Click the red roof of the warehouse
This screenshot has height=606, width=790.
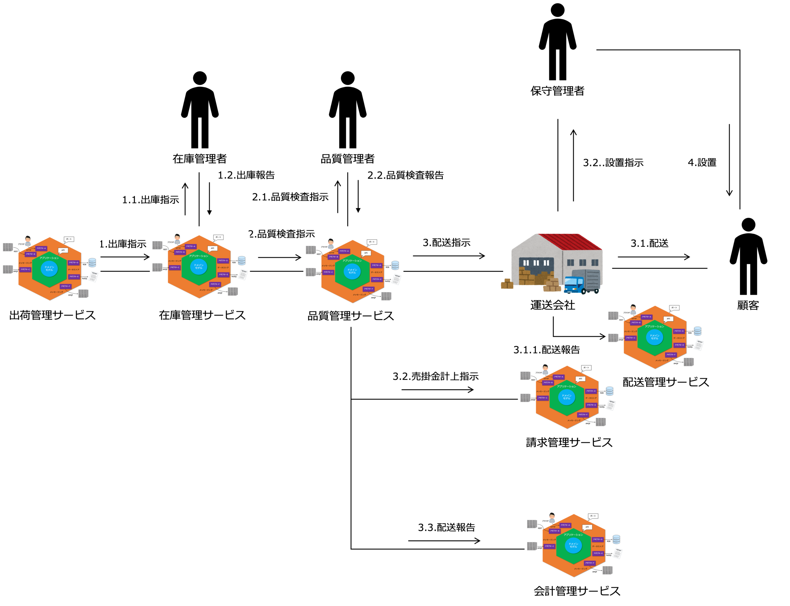574,241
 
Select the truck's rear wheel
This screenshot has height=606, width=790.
596,291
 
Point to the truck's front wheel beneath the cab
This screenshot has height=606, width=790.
584,291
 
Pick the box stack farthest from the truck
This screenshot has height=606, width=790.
507,284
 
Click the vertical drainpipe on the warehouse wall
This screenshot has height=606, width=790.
562,267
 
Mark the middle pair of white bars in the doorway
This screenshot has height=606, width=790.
536,263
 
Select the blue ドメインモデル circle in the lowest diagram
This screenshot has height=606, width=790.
573,545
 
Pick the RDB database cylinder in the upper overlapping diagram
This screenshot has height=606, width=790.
698,331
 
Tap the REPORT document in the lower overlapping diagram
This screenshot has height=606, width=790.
611,405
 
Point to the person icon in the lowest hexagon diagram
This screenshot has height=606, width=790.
552,517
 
